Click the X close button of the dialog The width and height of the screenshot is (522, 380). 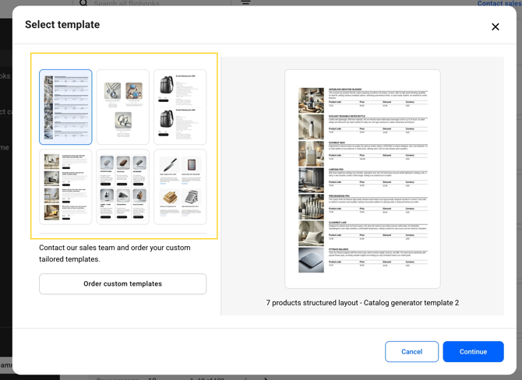pos(495,26)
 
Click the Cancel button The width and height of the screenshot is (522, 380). pos(411,351)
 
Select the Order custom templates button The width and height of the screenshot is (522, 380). pos(122,283)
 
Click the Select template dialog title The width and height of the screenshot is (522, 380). pos(62,25)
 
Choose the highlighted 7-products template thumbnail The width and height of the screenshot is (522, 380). pos(65,107)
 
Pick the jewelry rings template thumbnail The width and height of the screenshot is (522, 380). pos(123,107)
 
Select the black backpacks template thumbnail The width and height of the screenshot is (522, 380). pos(180,107)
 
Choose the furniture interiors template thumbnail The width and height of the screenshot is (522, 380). pos(65,187)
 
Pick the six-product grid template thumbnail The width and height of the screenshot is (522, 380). pos(123,187)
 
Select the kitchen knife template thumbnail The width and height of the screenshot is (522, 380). pos(180,187)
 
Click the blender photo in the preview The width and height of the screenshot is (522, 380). pos(312,100)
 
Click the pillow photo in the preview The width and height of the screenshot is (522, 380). pos(312,233)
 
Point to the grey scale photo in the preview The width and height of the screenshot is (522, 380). pos(312,259)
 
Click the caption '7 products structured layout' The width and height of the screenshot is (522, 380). pos(362,303)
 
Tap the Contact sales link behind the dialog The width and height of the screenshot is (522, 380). pos(499,3)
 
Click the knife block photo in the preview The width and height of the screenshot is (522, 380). pos(312,206)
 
